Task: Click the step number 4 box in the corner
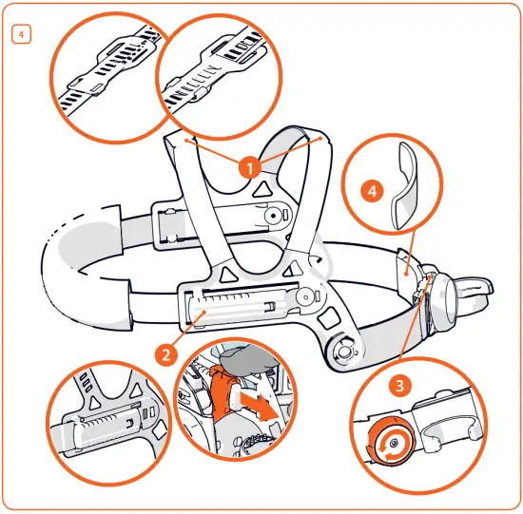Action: [x=21, y=34]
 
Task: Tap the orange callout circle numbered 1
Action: [x=250, y=167]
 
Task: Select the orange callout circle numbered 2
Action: [x=165, y=354]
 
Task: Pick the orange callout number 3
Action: [x=399, y=386]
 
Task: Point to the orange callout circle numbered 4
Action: [x=372, y=191]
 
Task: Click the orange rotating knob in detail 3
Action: [x=390, y=442]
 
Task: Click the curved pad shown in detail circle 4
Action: [x=404, y=186]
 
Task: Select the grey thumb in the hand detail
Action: [x=246, y=359]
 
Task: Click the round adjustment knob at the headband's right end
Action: [x=444, y=299]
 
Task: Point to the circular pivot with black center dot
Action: [x=274, y=216]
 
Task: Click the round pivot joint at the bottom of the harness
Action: [x=343, y=351]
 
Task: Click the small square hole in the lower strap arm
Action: [x=329, y=317]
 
